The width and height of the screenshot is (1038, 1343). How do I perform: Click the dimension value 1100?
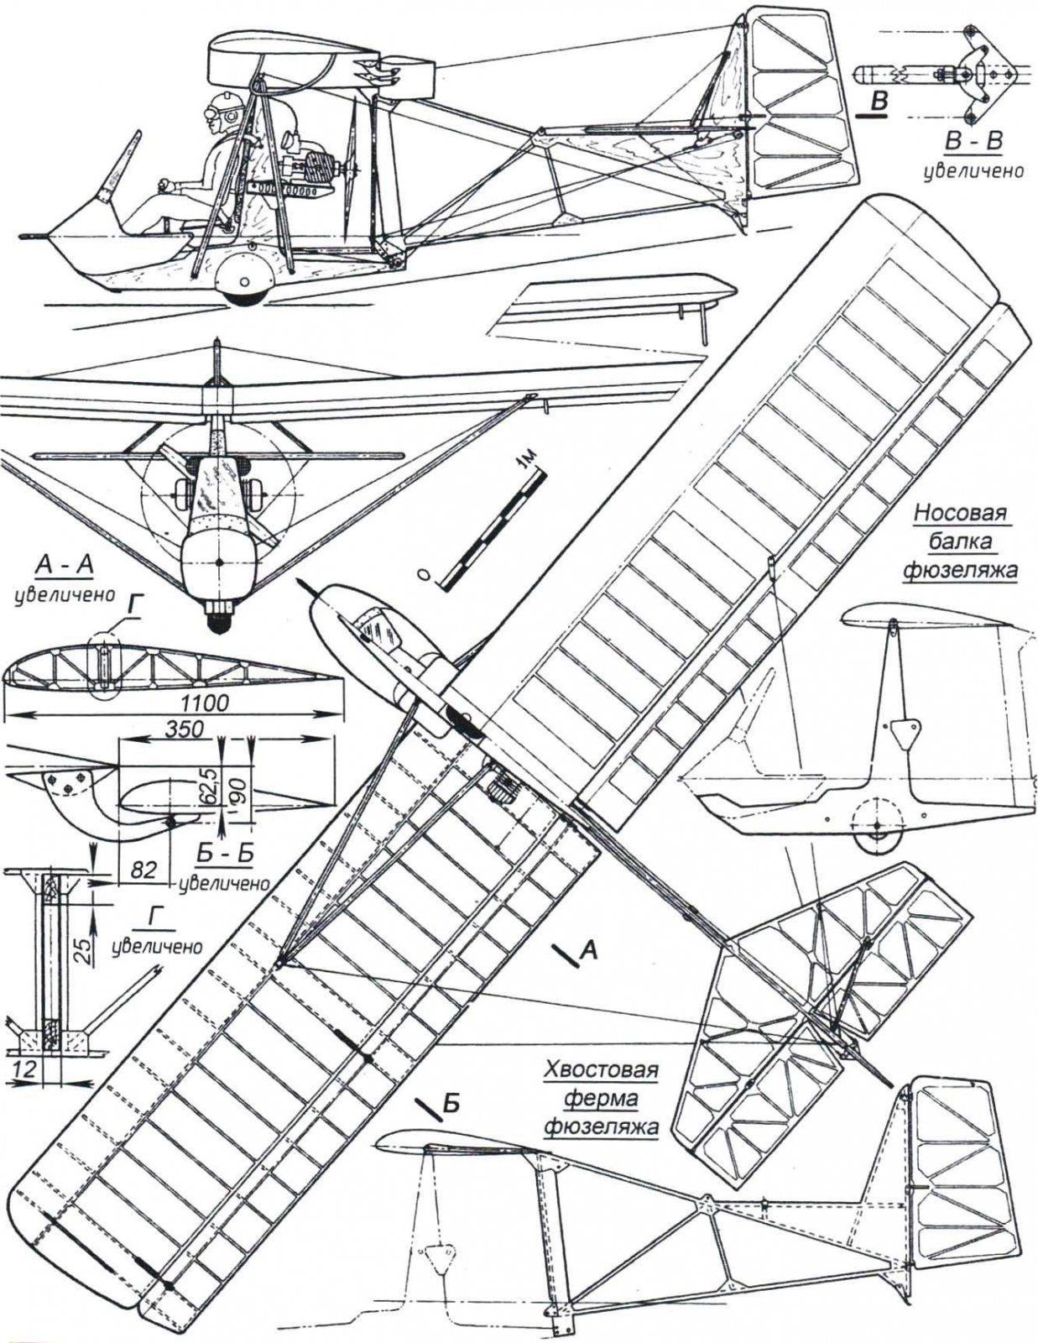point(205,703)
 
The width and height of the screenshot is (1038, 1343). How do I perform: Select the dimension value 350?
point(184,729)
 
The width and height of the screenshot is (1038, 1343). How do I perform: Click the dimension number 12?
point(26,1067)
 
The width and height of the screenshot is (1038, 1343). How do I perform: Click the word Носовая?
point(964,513)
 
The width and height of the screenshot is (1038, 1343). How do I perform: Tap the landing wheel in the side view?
point(243,280)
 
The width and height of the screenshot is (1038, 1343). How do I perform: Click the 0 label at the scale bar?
point(427,576)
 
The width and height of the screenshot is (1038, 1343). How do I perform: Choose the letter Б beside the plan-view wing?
point(450,1104)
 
